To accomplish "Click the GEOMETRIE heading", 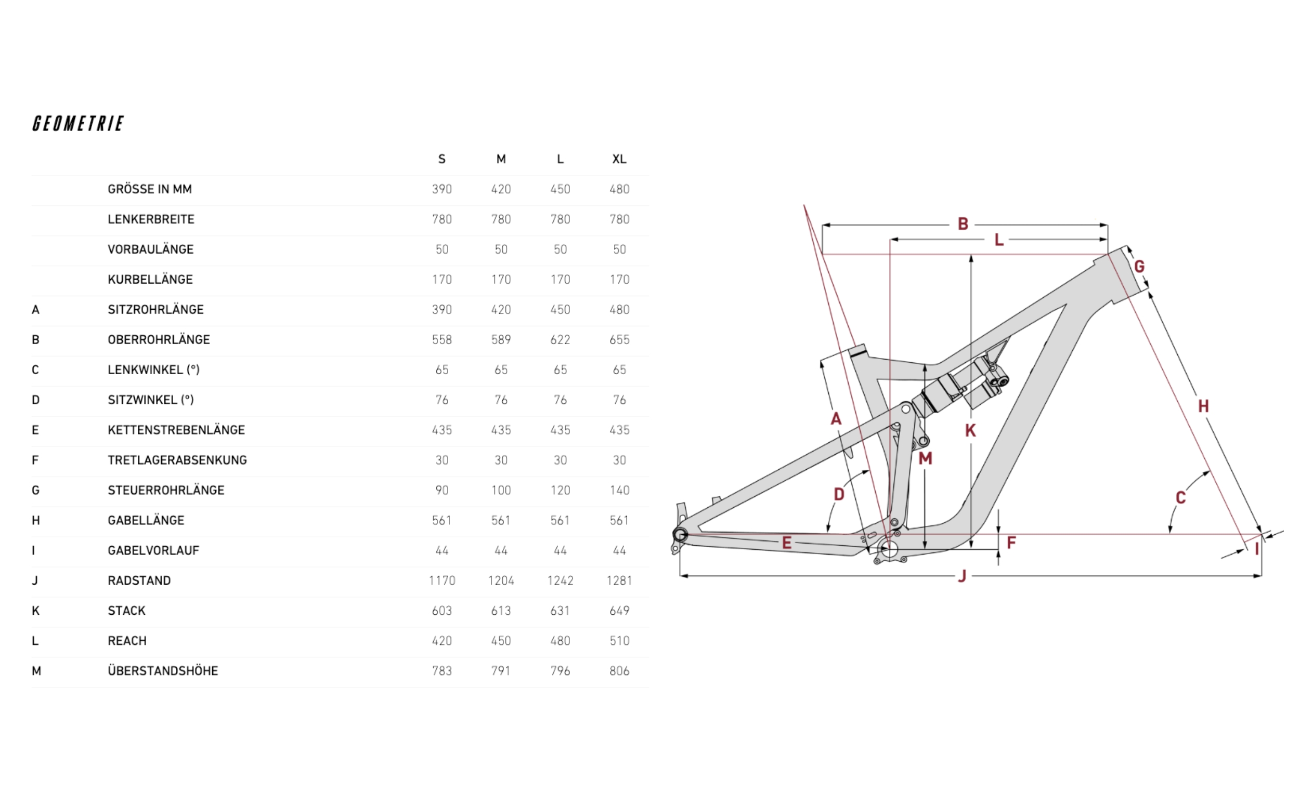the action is [79, 124].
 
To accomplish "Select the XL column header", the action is [619, 159].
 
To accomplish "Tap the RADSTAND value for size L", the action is [560, 580].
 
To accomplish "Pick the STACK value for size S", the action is [441, 611].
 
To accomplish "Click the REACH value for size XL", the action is [619, 640].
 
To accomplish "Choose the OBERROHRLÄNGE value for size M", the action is [501, 340].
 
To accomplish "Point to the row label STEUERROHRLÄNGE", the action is [166, 491].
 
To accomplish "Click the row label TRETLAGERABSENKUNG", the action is [177, 460].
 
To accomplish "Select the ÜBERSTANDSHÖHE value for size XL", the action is [619, 671].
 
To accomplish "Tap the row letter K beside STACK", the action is [36, 611].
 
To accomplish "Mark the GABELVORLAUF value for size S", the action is [441, 550].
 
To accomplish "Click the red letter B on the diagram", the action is [963, 224].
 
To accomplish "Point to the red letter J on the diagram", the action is [962, 576].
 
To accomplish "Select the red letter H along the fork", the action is [1203, 406].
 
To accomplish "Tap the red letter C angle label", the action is [1181, 498].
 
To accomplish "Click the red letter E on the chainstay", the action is [787, 543].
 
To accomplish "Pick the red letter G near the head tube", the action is [1139, 266].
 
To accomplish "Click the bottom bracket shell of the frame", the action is [889, 549].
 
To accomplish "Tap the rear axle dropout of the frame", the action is [680, 535].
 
